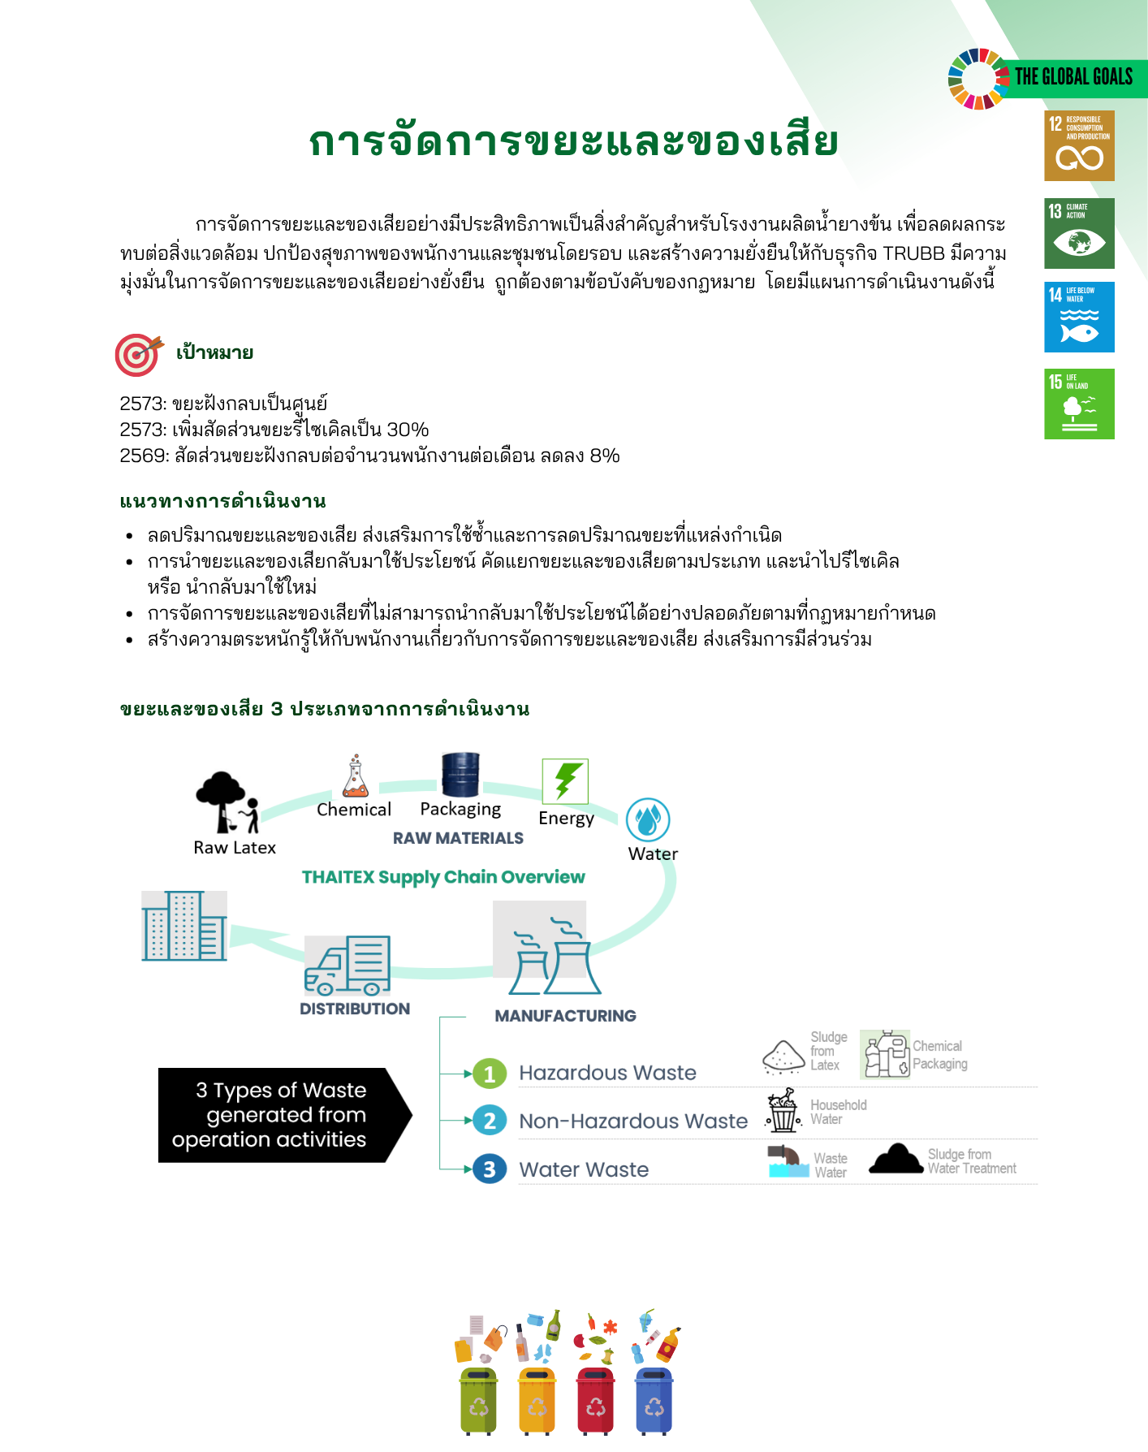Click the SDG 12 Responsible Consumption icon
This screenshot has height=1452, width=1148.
[x=1079, y=145]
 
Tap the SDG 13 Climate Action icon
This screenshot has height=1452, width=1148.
[x=1079, y=233]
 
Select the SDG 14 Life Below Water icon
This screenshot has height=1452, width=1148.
[x=1079, y=317]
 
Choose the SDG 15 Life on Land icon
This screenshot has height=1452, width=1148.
[x=1079, y=404]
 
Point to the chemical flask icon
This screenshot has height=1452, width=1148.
[x=355, y=776]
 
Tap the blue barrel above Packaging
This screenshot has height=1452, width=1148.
[x=460, y=774]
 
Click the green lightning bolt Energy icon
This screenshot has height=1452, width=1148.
[x=565, y=781]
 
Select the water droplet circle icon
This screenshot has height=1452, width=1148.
[x=648, y=819]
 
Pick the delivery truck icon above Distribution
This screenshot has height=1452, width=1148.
[x=347, y=965]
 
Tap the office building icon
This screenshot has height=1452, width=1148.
[x=184, y=926]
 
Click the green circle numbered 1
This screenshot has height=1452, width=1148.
[x=490, y=1074]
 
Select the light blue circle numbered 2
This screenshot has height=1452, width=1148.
[x=490, y=1121]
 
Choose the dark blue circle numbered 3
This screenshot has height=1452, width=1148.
[x=490, y=1169]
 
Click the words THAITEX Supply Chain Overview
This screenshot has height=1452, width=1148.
[x=443, y=877]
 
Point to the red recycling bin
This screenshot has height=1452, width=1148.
[x=595, y=1401]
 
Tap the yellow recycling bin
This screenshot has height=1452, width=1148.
[x=537, y=1401]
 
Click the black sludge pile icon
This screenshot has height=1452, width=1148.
[x=896, y=1159]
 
